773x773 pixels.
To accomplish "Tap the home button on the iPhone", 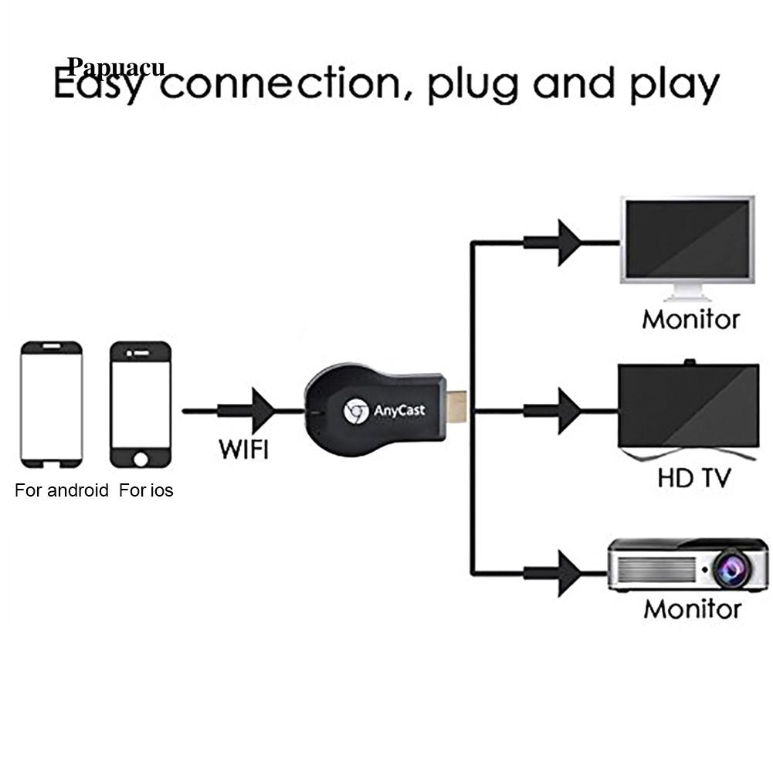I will pyautogui.click(x=141, y=459).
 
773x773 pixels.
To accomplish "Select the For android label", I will pyautogui.click(x=62, y=490).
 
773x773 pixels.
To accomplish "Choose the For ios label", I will pyautogui.click(x=146, y=490).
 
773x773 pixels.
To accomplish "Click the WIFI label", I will pyautogui.click(x=244, y=449).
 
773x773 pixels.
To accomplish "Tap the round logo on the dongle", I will pyautogui.click(x=354, y=412).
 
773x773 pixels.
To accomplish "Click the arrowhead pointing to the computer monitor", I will pyautogui.click(x=568, y=242).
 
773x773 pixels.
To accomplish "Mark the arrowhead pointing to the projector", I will pyautogui.click(x=568, y=573).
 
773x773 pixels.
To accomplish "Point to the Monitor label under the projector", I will pyautogui.click(x=692, y=609).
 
